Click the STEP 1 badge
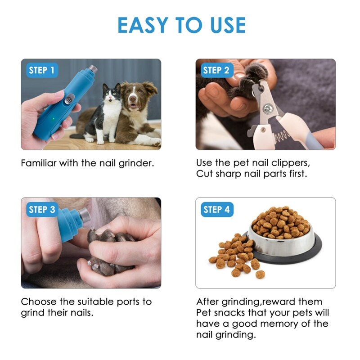[x=41, y=70]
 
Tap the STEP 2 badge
[x=216, y=70]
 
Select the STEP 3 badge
[x=41, y=209]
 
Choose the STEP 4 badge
[x=216, y=209]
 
